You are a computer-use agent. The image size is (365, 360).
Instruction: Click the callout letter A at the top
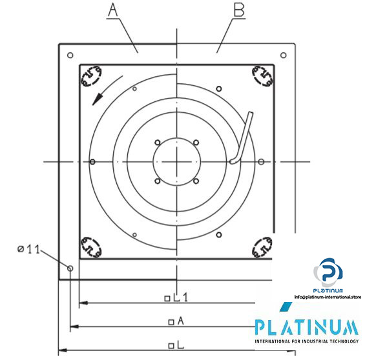click(x=113, y=11)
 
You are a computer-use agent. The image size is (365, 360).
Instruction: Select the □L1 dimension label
click(x=176, y=297)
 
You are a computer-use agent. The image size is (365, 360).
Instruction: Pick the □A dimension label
click(x=176, y=321)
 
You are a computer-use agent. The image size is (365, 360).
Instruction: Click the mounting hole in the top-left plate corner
click(x=70, y=55)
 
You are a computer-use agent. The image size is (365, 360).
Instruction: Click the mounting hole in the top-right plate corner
click(x=282, y=55)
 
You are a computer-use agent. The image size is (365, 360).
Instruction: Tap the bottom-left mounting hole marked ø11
click(x=70, y=267)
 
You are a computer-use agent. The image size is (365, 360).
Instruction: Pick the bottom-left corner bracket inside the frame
click(x=90, y=246)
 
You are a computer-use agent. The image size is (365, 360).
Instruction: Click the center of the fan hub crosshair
click(x=176, y=161)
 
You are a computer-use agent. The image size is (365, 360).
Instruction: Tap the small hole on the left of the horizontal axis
click(x=93, y=161)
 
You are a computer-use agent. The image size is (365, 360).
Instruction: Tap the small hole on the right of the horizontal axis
click(x=260, y=161)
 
